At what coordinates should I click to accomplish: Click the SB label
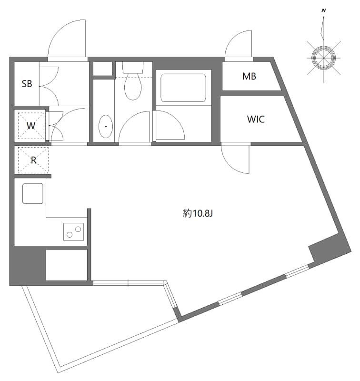coord(27,84)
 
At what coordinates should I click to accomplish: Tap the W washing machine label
coord(30,126)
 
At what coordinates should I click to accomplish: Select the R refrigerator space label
coord(33,160)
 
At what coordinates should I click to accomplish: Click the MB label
coord(249,76)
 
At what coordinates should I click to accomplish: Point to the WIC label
coord(255,119)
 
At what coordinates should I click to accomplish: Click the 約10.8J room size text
coord(197,214)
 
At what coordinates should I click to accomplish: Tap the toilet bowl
coord(132,87)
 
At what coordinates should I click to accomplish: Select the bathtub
coord(183,86)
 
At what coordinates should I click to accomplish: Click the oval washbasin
coord(105,126)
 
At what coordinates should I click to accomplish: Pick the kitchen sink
coord(32,193)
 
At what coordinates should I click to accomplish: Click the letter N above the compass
coord(324,10)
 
